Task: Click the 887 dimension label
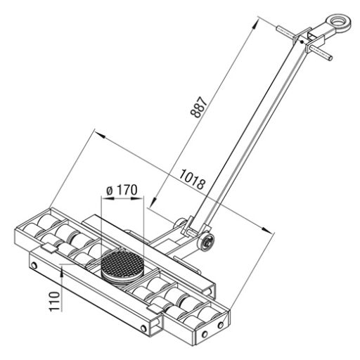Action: (x=199, y=107)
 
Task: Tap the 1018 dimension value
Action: (x=192, y=179)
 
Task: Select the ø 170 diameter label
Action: (x=122, y=190)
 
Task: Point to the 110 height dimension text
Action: (x=54, y=301)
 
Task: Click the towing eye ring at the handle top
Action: (x=339, y=22)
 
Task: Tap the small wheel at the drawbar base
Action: (x=206, y=241)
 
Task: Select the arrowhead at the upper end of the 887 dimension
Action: (x=255, y=24)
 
